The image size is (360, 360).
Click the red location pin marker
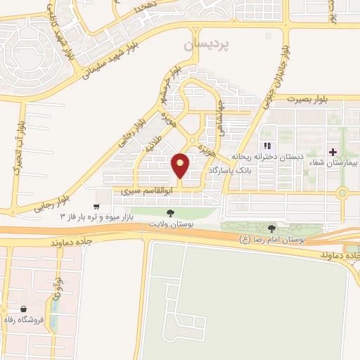click(181, 165)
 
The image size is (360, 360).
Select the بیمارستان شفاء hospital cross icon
click(333, 153)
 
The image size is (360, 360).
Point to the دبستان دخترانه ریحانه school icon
click(266, 146)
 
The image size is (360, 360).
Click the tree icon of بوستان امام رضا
click(272, 228)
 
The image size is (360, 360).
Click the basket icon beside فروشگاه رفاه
click(24, 309)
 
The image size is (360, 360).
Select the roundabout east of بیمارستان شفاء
click(342, 193)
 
